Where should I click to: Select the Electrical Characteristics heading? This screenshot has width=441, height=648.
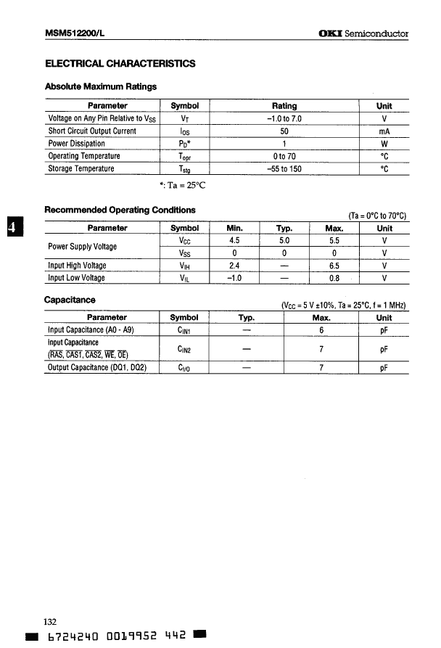click(x=120, y=64)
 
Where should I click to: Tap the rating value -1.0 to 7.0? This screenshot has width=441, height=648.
click(x=284, y=118)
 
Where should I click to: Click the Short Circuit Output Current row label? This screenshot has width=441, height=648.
click(x=92, y=131)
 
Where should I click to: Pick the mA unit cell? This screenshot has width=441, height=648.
click(x=384, y=131)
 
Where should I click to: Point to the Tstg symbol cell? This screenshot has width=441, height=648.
click(x=184, y=169)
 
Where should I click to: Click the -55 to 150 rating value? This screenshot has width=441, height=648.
click(x=284, y=169)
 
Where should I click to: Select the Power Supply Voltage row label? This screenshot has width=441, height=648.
click(x=82, y=247)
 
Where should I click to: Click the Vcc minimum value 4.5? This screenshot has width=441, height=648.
click(x=234, y=240)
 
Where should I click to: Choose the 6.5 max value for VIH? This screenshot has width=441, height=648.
click(x=334, y=266)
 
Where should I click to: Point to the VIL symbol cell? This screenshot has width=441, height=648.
click(x=184, y=278)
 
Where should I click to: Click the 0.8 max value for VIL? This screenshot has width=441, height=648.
click(x=334, y=278)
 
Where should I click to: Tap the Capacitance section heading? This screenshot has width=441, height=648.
click(x=70, y=300)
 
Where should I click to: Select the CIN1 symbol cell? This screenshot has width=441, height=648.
click(x=184, y=330)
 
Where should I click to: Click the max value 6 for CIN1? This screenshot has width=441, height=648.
click(x=321, y=330)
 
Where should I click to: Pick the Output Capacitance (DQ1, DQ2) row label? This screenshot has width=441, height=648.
click(x=97, y=368)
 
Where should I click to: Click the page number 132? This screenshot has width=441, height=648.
click(x=51, y=622)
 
